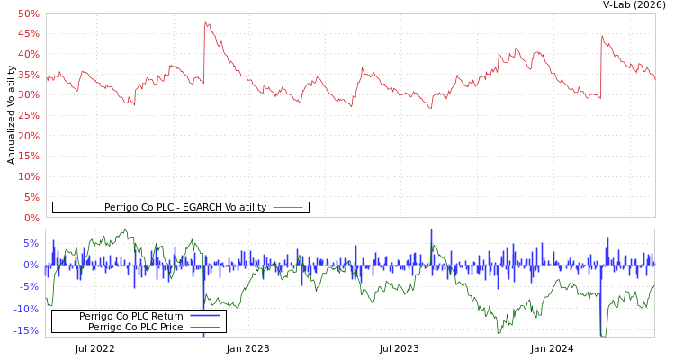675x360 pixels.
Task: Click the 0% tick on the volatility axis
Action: pyautogui.click(x=31, y=218)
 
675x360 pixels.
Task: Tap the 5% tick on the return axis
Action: pyautogui.click(x=31, y=243)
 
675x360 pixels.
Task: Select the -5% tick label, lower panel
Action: pyautogui.click(x=30, y=287)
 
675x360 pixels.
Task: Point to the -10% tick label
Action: pyautogui.click(x=27, y=309)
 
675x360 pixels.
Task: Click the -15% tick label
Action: pyautogui.click(x=27, y=330)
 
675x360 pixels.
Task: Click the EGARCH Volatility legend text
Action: pyautogui.click(x=184, y=207)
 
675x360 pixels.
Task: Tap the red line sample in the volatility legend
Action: pyautogui.click(x=287, y=207)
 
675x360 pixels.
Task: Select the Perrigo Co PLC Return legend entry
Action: pyautogui.click(x=130, y=316)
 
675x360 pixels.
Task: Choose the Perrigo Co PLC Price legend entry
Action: pyautogui.click(x=135, y=327)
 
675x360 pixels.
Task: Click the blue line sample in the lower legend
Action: pyautogui.click(x=205, y=316)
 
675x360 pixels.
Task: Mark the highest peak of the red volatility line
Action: pyautogui.click(x=205, y=22)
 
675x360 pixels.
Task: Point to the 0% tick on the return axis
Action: pyautogui.click(x=31, y=265)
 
